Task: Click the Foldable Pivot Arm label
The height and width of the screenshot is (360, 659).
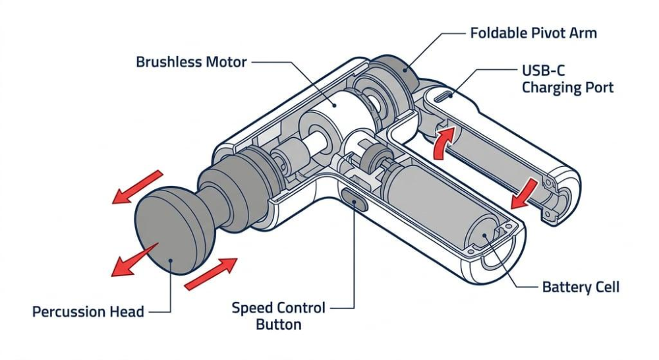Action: pos(533,33)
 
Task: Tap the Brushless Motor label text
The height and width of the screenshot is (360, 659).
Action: pos(191,62)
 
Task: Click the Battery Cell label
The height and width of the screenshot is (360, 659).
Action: pos(581,287)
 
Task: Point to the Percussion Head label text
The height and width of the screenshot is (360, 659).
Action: pos(88,312)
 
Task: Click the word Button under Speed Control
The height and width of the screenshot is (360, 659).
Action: pos(279,324)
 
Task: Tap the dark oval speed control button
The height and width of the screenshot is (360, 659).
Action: pos(355,200)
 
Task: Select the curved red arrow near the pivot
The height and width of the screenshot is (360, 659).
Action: pos(443,143)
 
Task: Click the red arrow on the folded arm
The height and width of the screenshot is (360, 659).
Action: pos(524,194)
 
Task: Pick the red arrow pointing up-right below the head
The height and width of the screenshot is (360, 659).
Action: pos(211,274)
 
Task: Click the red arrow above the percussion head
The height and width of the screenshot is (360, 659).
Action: pos(137,187)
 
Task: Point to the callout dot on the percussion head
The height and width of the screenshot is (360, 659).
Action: pos(171,260)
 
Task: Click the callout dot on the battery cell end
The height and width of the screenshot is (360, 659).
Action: pos(484,235)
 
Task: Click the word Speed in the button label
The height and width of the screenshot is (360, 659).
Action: pos(251,309)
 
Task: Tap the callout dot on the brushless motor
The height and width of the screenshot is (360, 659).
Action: pos(335,105)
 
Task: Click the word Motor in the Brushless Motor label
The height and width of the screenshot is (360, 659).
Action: pos(226,62)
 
